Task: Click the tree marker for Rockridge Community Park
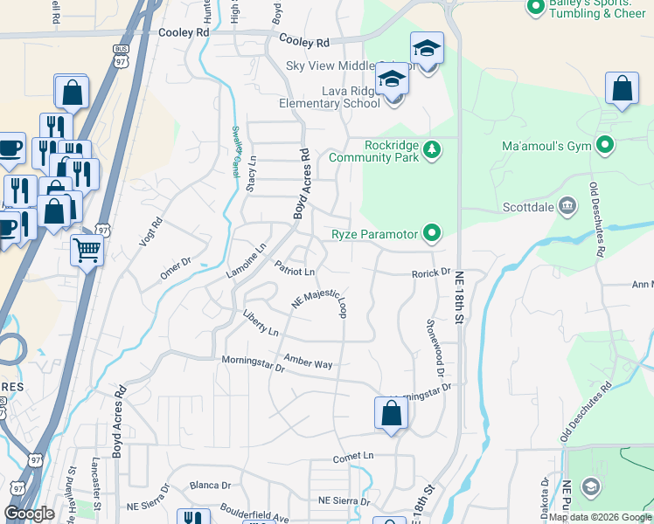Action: [431, 150]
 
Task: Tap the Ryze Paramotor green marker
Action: [431, 233]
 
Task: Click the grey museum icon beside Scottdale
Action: [567, 207]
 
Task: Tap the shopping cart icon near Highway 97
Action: [87, 251]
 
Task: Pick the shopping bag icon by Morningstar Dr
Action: [391, 413]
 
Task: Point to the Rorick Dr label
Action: [431, 273]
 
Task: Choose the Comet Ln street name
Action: [353, 457]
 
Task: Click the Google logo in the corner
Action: [30, 514]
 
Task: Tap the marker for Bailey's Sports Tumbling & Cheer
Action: [535, 8]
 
